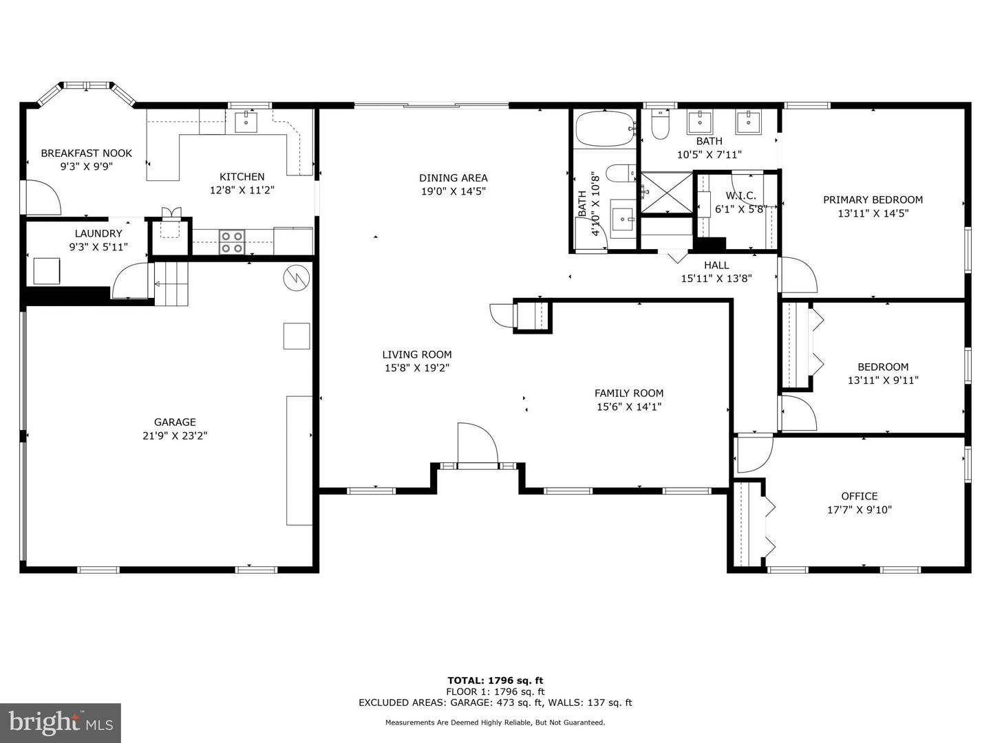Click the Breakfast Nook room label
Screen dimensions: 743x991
click(86, 153)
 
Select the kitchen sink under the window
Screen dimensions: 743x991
click(246, 122)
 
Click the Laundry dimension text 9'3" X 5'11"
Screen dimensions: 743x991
click(98, 247)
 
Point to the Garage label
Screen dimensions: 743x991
click(175, 422)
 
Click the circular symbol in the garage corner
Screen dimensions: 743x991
click(296, 277)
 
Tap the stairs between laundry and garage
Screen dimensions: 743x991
click(171, 283)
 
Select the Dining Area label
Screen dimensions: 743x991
click(454, 178)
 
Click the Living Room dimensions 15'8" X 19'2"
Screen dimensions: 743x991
click(417, 368)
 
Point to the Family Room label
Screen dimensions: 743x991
click(629, 394)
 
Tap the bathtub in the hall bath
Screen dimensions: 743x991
click(604, 129)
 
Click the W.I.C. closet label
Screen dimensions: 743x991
click(740, 196)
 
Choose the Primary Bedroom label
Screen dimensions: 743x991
click(873, 200)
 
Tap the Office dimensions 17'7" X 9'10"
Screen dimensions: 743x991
click(860, 510)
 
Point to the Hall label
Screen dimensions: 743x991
click(716, 266)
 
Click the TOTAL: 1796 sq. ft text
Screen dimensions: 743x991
click(495, 680)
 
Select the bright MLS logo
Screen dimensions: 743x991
click(60, 722)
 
